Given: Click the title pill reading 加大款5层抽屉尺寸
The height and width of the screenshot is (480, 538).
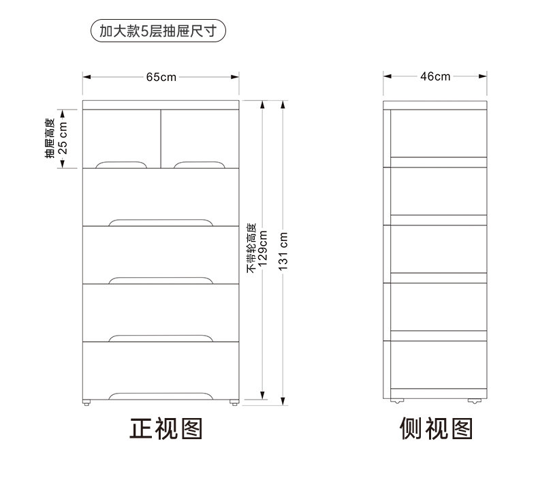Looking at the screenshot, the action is click(x=158, y=31).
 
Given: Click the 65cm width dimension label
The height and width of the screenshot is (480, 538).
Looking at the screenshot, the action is click(x=161, y=76).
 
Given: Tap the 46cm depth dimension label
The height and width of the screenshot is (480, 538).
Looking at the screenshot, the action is click(x=436, y=76).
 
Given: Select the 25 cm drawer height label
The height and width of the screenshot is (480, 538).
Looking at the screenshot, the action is click(x=63, y=139).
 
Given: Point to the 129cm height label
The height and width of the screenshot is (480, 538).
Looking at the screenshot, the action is click(x=263, y=249).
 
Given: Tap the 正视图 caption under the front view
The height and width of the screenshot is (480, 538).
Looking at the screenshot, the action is click(x=166, y=428).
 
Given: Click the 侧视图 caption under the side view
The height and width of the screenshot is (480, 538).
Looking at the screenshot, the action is click(x=436, y=428).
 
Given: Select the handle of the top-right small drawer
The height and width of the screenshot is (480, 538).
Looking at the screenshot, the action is click(x=198, y=165).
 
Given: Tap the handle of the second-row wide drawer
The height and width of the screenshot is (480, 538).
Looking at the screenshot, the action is click(x=161, y=222).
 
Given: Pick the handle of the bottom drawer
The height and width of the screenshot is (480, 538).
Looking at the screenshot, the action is click(x=161, y=396).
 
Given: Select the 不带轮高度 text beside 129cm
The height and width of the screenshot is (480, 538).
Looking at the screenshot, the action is click(x=251, y=249).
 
